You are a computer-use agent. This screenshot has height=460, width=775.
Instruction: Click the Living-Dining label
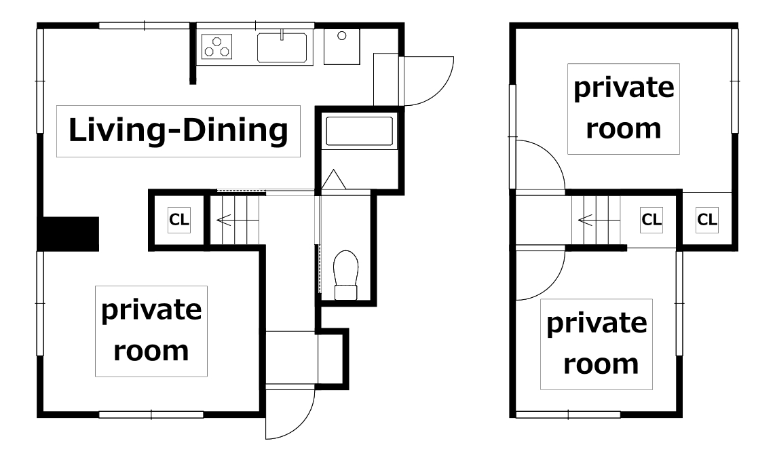point(178,130)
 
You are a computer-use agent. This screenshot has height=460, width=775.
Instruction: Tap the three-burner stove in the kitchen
point(217,46)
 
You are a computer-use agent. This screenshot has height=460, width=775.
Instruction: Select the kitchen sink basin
point(282,47)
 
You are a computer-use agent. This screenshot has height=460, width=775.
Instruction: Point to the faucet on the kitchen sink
point(282,35)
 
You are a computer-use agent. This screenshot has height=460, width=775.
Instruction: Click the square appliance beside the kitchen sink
point(341,46)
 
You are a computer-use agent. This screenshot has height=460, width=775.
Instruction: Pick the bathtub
point(359,130)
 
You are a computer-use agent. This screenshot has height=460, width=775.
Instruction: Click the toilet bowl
point(346,267)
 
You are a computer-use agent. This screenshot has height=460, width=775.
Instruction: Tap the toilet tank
point(346,292)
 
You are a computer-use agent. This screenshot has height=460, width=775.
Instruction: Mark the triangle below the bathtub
point(334,179)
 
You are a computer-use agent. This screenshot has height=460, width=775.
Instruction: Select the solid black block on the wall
point(69,233)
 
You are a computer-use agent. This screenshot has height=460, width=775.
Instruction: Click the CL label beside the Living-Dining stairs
point(179,219)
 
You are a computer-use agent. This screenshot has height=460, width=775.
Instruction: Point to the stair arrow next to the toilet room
point(224,220)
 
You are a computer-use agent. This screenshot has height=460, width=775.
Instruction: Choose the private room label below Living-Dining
point(151,330)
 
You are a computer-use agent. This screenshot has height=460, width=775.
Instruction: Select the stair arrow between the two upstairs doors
point(586,219)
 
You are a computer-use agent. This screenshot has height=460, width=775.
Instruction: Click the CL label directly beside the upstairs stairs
point(651,219)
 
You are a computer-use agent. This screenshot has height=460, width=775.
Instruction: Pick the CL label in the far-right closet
point(706,219)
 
